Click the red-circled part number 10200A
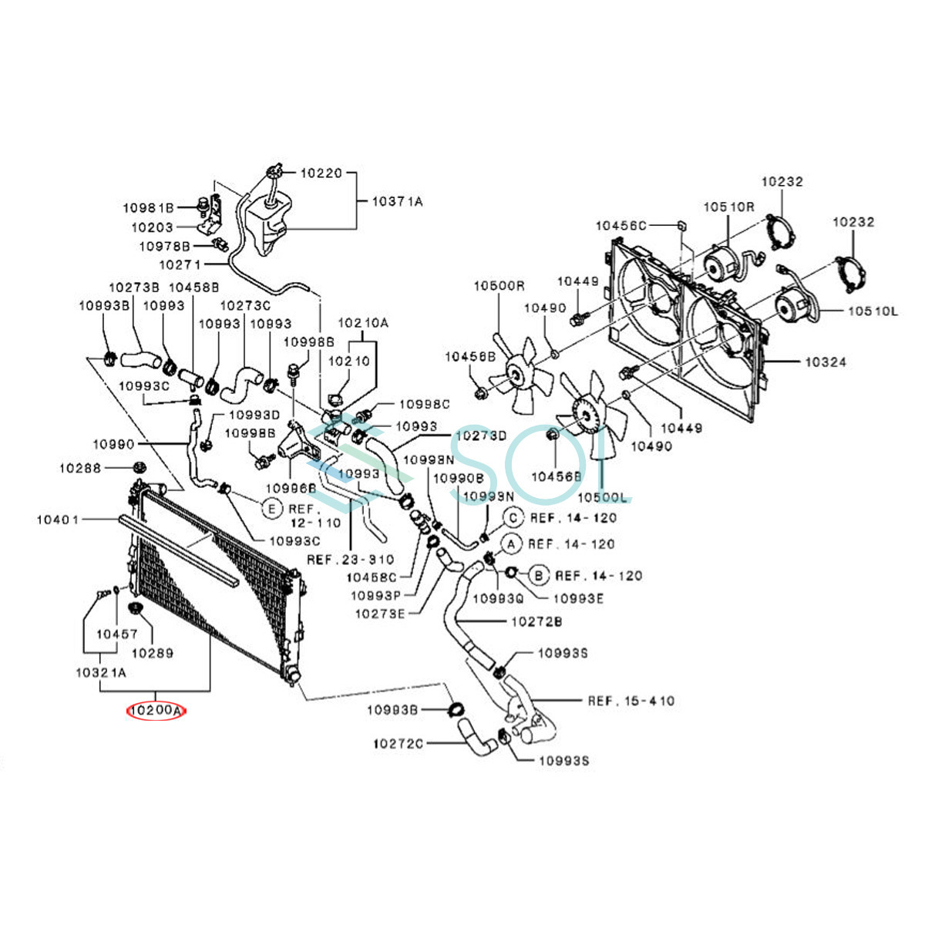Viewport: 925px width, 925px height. (156, 710)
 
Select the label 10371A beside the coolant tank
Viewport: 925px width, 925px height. (398, 202)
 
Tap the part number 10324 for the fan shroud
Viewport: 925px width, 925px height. (825, 362)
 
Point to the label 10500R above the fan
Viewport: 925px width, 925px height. (499, 286)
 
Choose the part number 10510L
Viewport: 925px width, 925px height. (873, 311)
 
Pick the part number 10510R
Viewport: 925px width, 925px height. (728, 207)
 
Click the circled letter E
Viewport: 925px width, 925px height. (271, 509)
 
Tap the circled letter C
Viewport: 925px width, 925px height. (514, 517)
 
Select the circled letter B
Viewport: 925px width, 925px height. (539, 574)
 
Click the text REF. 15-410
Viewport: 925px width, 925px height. (631, 701)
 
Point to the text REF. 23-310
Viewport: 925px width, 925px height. (350, 559)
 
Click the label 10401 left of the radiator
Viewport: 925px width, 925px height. (58, 520)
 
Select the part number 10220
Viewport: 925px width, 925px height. (321, 173)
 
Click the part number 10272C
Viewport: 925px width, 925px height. (398, 744)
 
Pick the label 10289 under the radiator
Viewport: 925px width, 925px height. (152, 653)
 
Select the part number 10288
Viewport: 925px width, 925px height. (80, 467)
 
